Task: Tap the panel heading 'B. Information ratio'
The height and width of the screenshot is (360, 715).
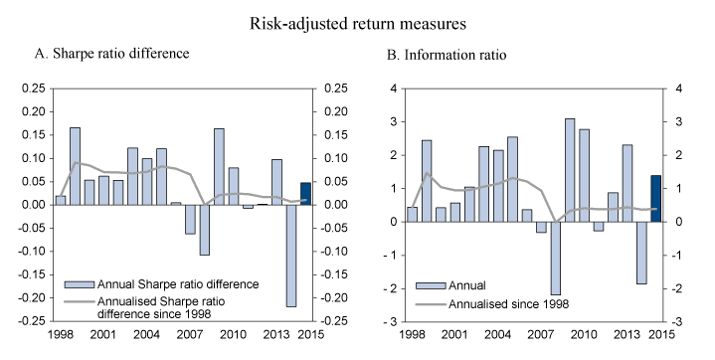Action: point(447,55)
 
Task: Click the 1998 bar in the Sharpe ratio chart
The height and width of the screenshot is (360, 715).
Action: point(61,200)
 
